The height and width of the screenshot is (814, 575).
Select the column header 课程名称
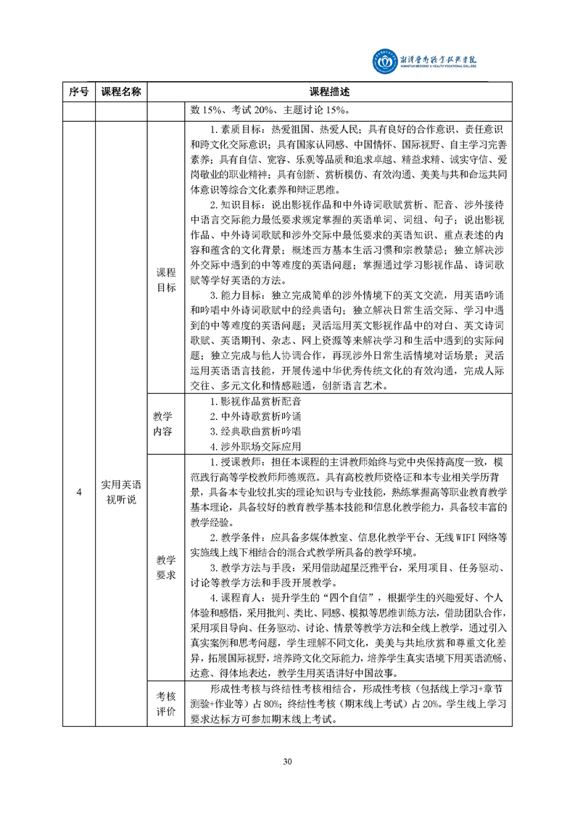[121, 92]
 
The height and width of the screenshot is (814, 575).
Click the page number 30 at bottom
[287, 761]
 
